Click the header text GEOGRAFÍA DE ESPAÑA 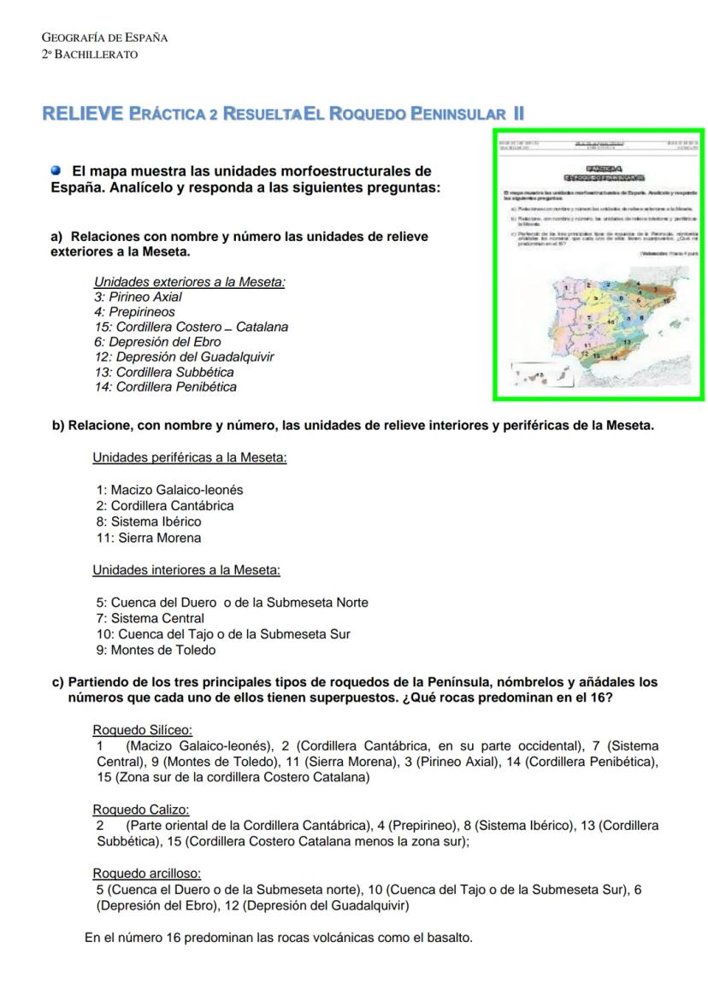104,38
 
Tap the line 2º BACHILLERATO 90,55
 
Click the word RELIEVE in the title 82,114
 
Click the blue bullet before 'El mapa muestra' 56,171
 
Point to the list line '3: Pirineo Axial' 138,297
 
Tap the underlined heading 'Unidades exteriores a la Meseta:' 189,282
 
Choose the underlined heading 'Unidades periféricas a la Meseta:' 189,458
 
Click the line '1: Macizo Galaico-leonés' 169,491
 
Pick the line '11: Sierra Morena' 149,539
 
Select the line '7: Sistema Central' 150,619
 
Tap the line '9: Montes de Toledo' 156,651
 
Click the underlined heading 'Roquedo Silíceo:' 142,731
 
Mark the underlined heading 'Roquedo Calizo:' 141,810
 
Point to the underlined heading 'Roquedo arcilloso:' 146,874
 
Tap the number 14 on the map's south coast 614,357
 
